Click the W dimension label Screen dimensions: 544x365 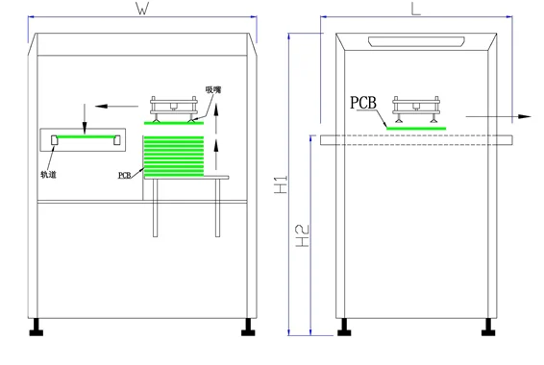coord(142,9)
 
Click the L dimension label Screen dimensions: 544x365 coord(416,9)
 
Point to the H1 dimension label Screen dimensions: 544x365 coord(281,184)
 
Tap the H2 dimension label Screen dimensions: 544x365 coord(302,236)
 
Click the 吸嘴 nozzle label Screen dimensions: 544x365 coord(213,90)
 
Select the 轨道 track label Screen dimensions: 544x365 coord(48,175)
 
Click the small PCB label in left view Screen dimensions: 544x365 coord(125,176)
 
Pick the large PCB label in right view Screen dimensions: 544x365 coord(363,103)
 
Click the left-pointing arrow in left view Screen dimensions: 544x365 coord(116,106)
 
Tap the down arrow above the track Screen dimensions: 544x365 coord(85,118)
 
